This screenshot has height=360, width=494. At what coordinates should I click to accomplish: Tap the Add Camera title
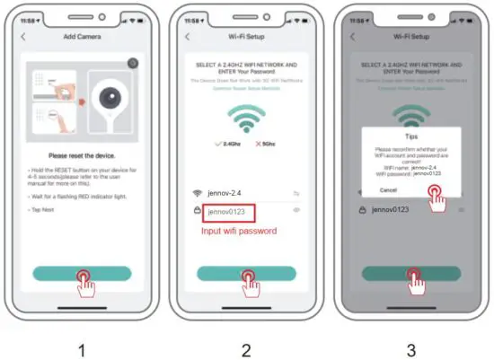click(83, 36)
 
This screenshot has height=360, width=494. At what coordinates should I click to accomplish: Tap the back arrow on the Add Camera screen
click(22, 36)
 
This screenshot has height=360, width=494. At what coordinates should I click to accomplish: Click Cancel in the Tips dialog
click(388, 190)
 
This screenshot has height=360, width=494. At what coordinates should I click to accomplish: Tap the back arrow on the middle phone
click(187, 36)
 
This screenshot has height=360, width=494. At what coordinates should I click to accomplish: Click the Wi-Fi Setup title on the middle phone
click(247, 36)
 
